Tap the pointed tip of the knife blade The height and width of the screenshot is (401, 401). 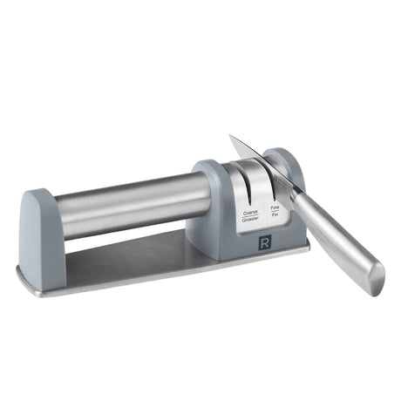tap(231, 137)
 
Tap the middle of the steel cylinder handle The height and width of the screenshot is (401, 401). tap(131, 202)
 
